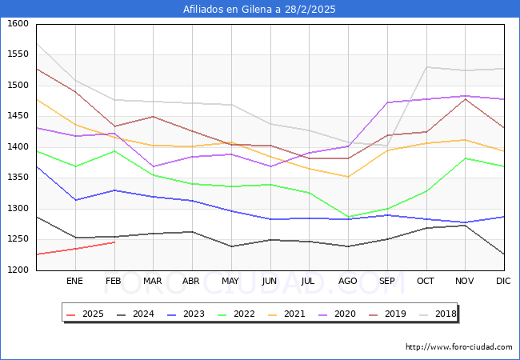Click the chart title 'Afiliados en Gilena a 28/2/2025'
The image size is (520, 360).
click(259, 10)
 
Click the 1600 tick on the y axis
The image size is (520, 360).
click(18, 24)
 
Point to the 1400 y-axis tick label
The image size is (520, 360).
click(18, 147)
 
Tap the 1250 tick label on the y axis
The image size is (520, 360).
click(18, 239)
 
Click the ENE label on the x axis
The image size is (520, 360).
click(74, 281)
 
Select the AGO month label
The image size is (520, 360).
click(348, 281)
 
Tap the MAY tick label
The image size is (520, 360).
click(230, 281)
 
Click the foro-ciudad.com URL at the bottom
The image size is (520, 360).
click(458, 347)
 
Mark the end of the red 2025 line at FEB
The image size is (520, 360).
click(114, 242)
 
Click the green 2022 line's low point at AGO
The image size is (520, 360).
click(348, 217)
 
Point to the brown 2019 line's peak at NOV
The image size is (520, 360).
click(465, 98)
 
